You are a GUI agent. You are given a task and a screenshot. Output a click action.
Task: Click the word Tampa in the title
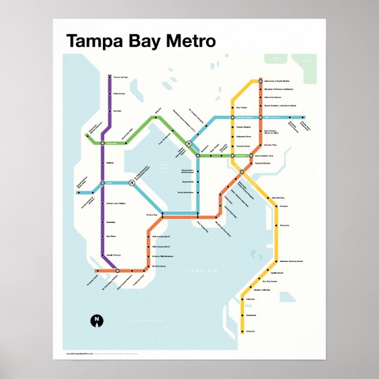click(89, 42)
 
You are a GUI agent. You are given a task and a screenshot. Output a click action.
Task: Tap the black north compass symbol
click(95, 320)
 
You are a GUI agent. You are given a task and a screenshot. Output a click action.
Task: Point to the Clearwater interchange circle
click(102, 143)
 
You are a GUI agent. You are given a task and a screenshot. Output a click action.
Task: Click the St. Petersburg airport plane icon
click(132, 183)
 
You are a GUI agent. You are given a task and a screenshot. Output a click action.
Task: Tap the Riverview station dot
click(274, 225)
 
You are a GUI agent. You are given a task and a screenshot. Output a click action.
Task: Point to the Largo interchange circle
click(102, 183)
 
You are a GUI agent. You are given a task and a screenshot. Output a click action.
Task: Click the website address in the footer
click(81, 354)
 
